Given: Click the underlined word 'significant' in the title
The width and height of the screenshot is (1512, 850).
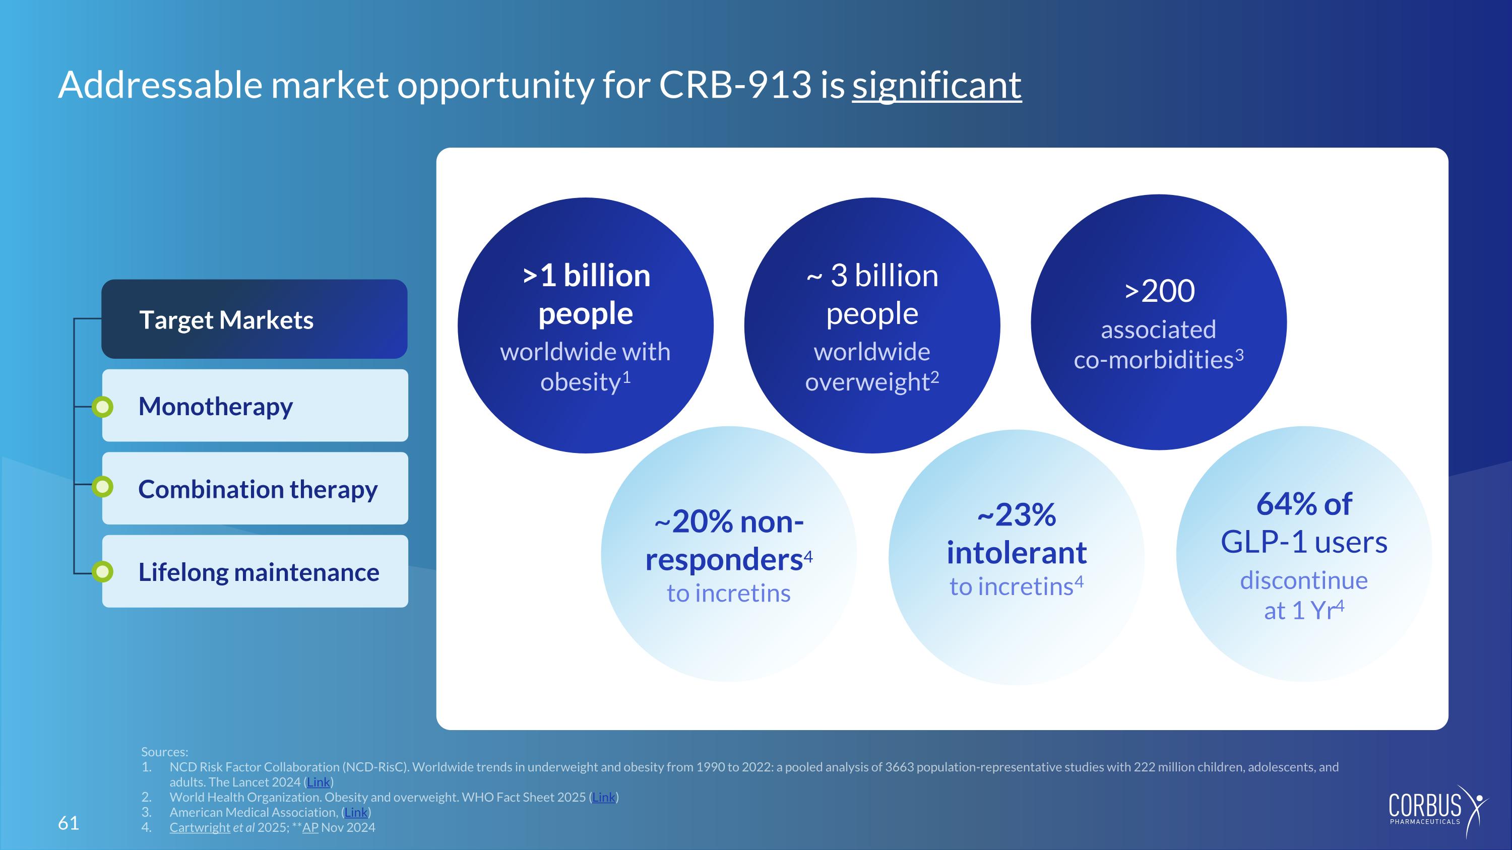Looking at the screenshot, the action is [x=937, y=86].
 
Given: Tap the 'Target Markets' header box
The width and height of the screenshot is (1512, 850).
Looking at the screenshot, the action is [x=254, y=319].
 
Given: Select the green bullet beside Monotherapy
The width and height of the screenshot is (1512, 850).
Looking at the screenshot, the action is [x=103, y=407].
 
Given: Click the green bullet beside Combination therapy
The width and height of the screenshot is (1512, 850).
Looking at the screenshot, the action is [x=103, y=486].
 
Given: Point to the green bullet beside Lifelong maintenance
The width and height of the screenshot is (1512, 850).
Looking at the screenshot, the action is [x=103, y=571].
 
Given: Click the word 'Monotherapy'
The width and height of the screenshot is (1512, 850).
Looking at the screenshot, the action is [x=215, y=407].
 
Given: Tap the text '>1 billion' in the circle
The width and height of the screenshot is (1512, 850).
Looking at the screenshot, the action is [x=586, y=275].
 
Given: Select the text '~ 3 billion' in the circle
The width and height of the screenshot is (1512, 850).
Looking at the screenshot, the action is [x=872, y=275].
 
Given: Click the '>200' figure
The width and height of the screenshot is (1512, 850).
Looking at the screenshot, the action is [x=1159, y=290].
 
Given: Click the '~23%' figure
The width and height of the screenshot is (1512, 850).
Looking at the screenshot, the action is [x=1017, y=515].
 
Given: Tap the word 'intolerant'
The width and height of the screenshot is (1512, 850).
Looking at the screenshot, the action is [x=1017, y=553].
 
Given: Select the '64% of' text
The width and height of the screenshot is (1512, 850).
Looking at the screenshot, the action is [x=1304, y=504].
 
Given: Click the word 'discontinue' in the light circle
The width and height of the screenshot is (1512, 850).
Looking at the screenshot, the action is [x=1304, y=580].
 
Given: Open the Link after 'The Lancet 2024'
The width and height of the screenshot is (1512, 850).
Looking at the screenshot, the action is [x=319, y=782].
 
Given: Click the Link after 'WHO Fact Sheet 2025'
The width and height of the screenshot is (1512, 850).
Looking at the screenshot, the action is [x=604, y=797].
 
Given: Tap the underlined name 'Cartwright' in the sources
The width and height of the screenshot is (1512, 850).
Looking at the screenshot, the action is [x=200, y=827].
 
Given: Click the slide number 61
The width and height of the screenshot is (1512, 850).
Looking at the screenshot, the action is [x=68, y=823].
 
